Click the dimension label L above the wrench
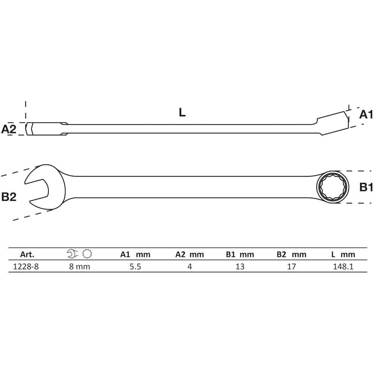click(182, 112)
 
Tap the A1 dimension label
click(366, 115)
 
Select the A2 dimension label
click(9, 129)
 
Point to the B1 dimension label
click(366, 187)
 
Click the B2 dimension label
click(9, 197)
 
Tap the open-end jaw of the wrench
click(45, 187)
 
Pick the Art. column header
click(27, 255)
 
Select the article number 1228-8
click(26, 266)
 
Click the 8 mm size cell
click(80, 266)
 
